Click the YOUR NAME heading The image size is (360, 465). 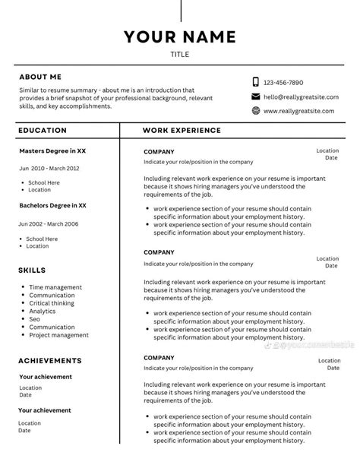(x=180, y=36)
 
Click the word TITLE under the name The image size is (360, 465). (x=180, y=55)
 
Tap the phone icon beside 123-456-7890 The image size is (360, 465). (x=256, y=82)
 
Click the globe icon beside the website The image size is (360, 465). (x=256, y=111)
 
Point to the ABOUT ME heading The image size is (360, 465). (x=40, y=77)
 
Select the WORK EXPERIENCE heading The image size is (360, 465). (x=182, y=131)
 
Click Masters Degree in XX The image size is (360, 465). (x=52, y=151)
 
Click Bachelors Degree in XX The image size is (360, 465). (x=53, y=205)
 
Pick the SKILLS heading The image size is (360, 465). (x=32, y=270)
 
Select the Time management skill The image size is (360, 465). (x=55, y=287)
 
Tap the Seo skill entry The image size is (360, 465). (x=36, y=319)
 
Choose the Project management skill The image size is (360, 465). (x=58, y=335)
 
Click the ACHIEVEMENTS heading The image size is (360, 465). (x=50, y=360)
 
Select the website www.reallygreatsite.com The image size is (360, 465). (x=298, y=111)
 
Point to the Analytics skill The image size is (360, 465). (x=43, y=311)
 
